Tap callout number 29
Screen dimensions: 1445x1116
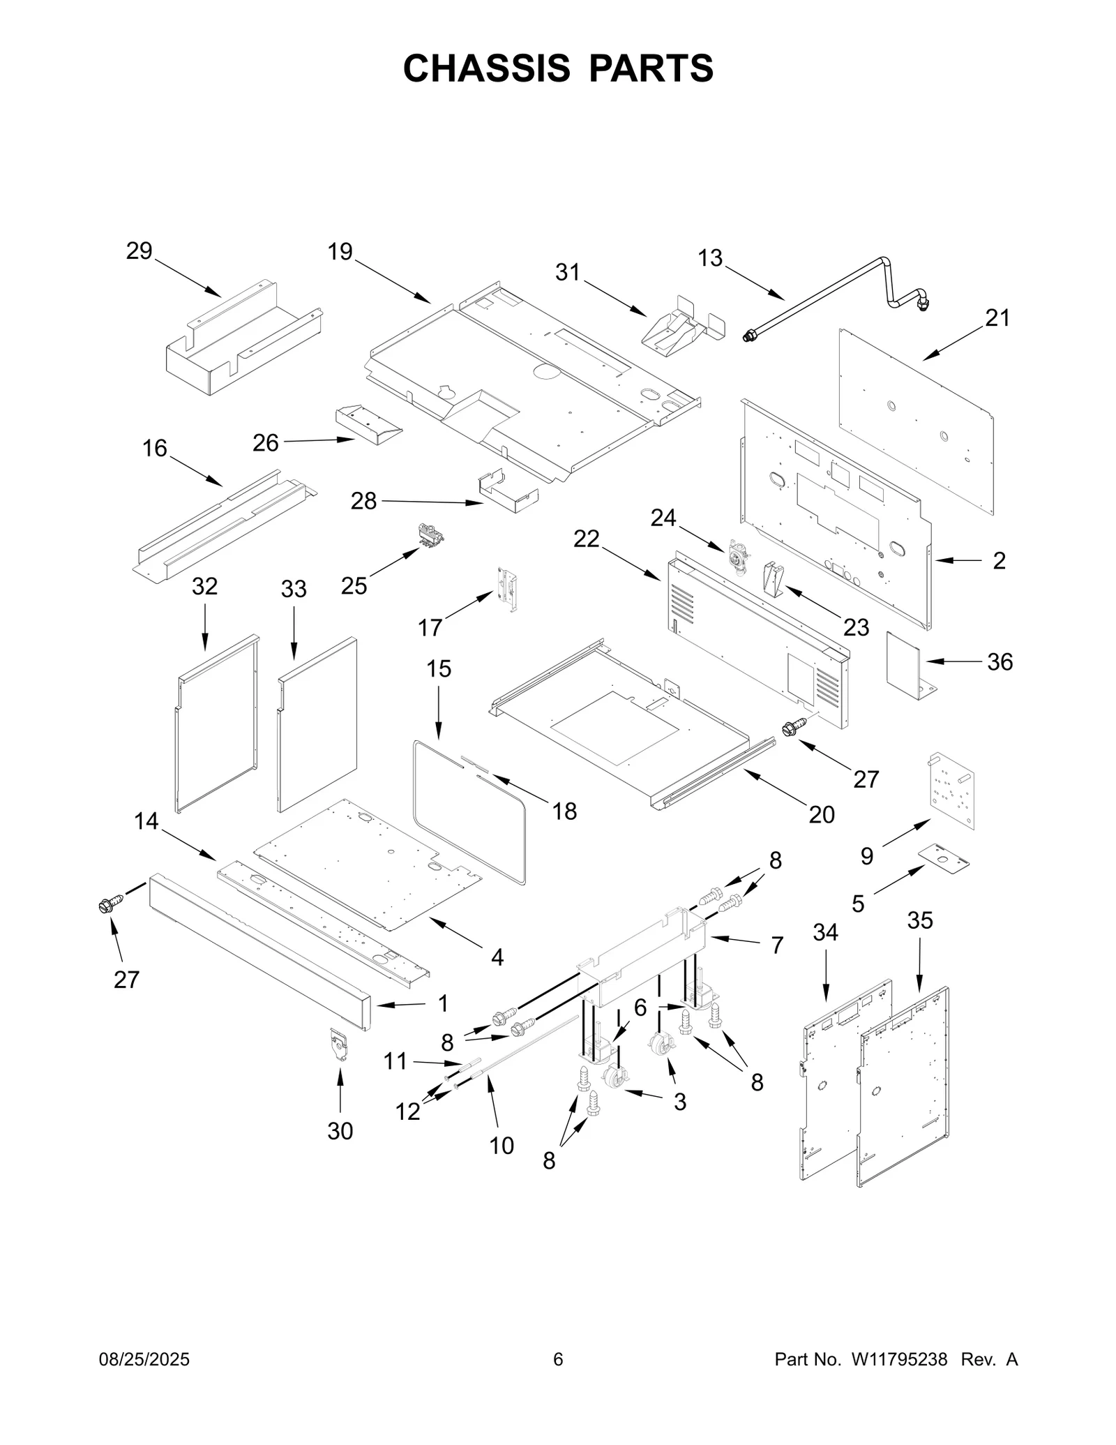tap(139, 250)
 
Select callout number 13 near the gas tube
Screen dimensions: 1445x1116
tap(710, 258)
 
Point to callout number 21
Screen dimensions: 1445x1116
tap(997, 318)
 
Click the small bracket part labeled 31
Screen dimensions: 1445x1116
tap(680, 322)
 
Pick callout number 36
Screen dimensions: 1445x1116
tap(1000, 661)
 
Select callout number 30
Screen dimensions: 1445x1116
tap(340, 1131)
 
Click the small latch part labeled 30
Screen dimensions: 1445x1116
tap(339, 1043)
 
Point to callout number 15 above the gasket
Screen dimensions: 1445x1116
tap(439, 668)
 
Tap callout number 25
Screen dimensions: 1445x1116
tap(354, 585)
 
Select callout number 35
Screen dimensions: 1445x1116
tap(919, 920)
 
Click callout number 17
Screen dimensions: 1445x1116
tap(430, 627)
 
